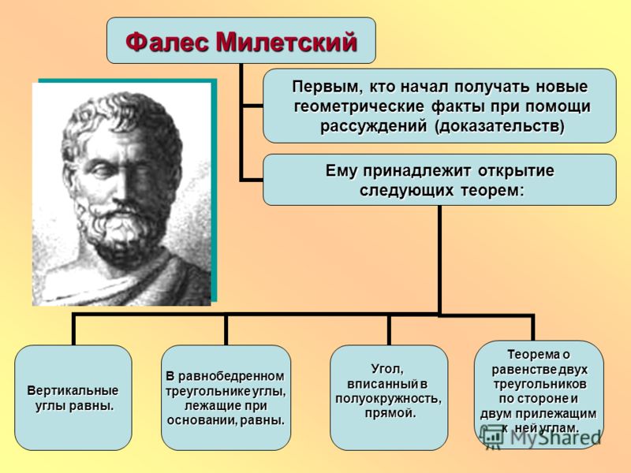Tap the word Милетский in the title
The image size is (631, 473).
pyautogui.click(x=287, y=42)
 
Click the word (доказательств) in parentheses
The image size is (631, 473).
pyautogui.click(x=499, y=126)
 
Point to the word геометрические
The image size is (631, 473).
pyautogui.click(x=359, y=107)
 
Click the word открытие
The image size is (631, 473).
pyautogui.click(x=516, y=171)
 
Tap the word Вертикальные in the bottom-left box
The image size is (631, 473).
pyautogui.click(x=73, y=390)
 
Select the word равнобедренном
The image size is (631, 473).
pyautogui.click(x=231, y=377)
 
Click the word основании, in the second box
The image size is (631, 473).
pyautogui.click(x=203, y=421)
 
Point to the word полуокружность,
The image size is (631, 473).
pyautogui.click(x=388, y=399)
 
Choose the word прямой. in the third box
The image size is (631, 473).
pyautogui.click(x=390, y=413)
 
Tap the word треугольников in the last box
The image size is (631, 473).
pyautogui.click(x=540, y=384)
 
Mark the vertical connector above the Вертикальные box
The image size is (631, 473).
pyautogui.click(x=73, y=330)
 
